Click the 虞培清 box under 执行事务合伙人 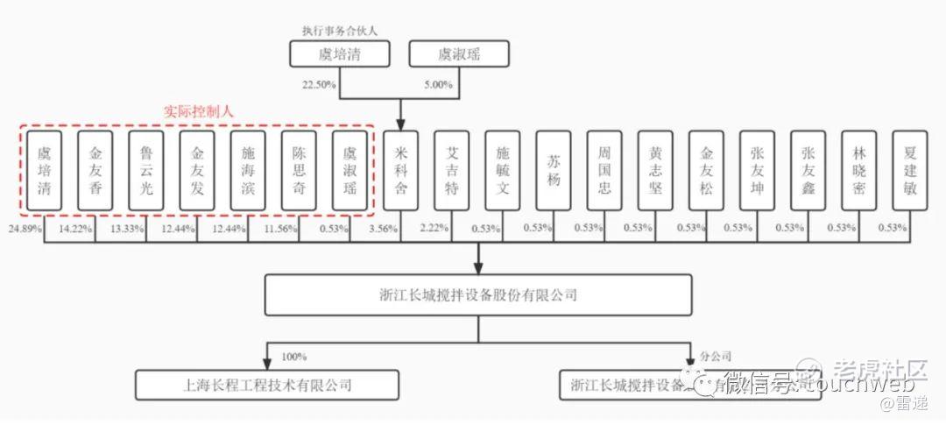338,54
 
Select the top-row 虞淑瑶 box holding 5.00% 458,54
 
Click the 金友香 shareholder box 95,170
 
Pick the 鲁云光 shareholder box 145,170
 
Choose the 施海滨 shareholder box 248,170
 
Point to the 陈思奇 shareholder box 299,170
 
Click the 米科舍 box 401,170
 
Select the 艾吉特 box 452,170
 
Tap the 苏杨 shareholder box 554,170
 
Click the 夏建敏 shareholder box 910,170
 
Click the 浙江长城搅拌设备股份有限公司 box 477,294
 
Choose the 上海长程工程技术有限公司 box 267,385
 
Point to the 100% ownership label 294,357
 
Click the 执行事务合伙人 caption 340,30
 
